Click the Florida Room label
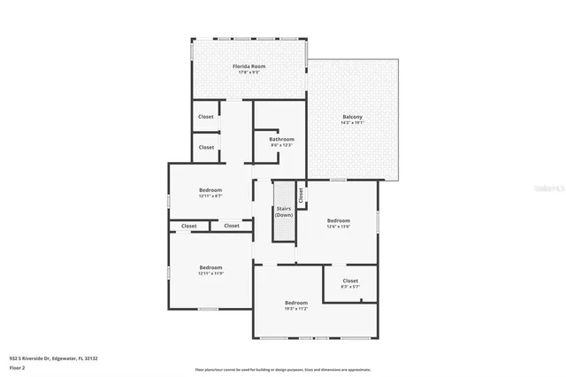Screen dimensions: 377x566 (249, 66)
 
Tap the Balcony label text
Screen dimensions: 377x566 (352, 117)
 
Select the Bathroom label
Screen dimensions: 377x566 (282, 139)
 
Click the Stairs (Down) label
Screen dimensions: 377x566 (284, 212)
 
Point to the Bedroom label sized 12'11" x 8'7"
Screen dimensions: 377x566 (210, 190)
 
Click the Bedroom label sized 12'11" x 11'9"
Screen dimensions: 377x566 (210, 267)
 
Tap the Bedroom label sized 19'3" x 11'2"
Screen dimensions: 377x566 (295, 303)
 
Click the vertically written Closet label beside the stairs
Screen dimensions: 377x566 (301, 194)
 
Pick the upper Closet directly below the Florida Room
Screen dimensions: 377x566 (205, 116)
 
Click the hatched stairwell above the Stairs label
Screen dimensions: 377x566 (284, 195)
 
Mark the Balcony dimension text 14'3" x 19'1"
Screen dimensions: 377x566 (352, 123)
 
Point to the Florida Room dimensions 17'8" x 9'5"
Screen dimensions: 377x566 (249, 73)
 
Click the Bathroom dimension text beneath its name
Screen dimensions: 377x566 (282, 145)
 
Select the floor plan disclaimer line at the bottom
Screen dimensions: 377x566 (282, 370)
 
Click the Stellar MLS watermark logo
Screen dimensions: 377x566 (549, 188)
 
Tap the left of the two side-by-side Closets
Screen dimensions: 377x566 (189, 226)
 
